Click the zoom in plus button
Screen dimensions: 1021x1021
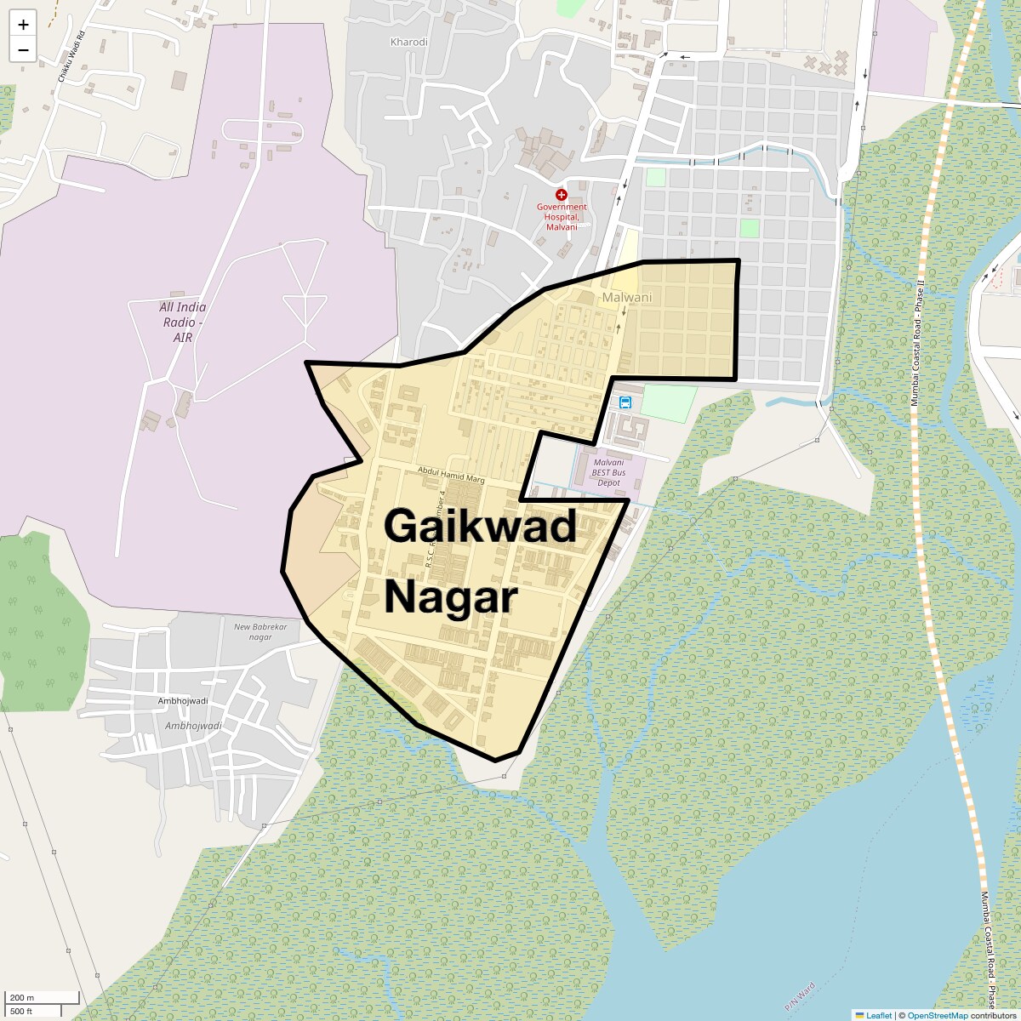point(23,25)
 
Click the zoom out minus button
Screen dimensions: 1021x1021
point(23,49)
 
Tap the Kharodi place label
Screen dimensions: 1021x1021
point(408,42)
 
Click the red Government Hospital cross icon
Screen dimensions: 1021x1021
point(562,196)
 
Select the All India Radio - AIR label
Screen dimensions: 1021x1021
point(183,322)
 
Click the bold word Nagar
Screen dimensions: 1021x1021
point(451,597)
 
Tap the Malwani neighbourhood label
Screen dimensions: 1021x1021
point(627,298)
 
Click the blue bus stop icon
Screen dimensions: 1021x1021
point(625,402)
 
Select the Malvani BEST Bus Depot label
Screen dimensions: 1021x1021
point(609,472)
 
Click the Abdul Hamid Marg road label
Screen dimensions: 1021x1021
point(451,475)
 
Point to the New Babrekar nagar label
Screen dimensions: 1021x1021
point(260,631)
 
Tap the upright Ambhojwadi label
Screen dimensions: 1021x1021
point(183,700)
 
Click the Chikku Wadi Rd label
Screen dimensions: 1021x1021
point(71,57)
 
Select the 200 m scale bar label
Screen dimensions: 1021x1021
point(22,997)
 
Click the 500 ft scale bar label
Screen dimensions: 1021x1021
point(21,1011)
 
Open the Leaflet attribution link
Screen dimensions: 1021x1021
point(878,1015)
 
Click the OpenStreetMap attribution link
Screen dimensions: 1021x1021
point(937,1015)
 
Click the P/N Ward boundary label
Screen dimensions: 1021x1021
point(800,996)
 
